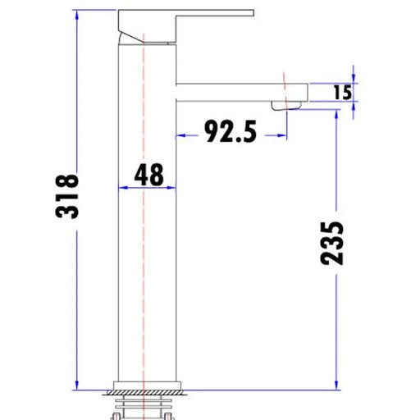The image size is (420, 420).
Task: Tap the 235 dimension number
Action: [332, 243]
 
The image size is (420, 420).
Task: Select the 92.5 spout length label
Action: [231, 132]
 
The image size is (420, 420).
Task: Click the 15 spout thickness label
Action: [343, 92]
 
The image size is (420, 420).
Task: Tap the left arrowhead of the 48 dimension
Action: [123, 188]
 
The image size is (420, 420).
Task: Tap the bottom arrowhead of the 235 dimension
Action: [336, 383]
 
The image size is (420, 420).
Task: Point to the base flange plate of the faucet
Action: [148, 386]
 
